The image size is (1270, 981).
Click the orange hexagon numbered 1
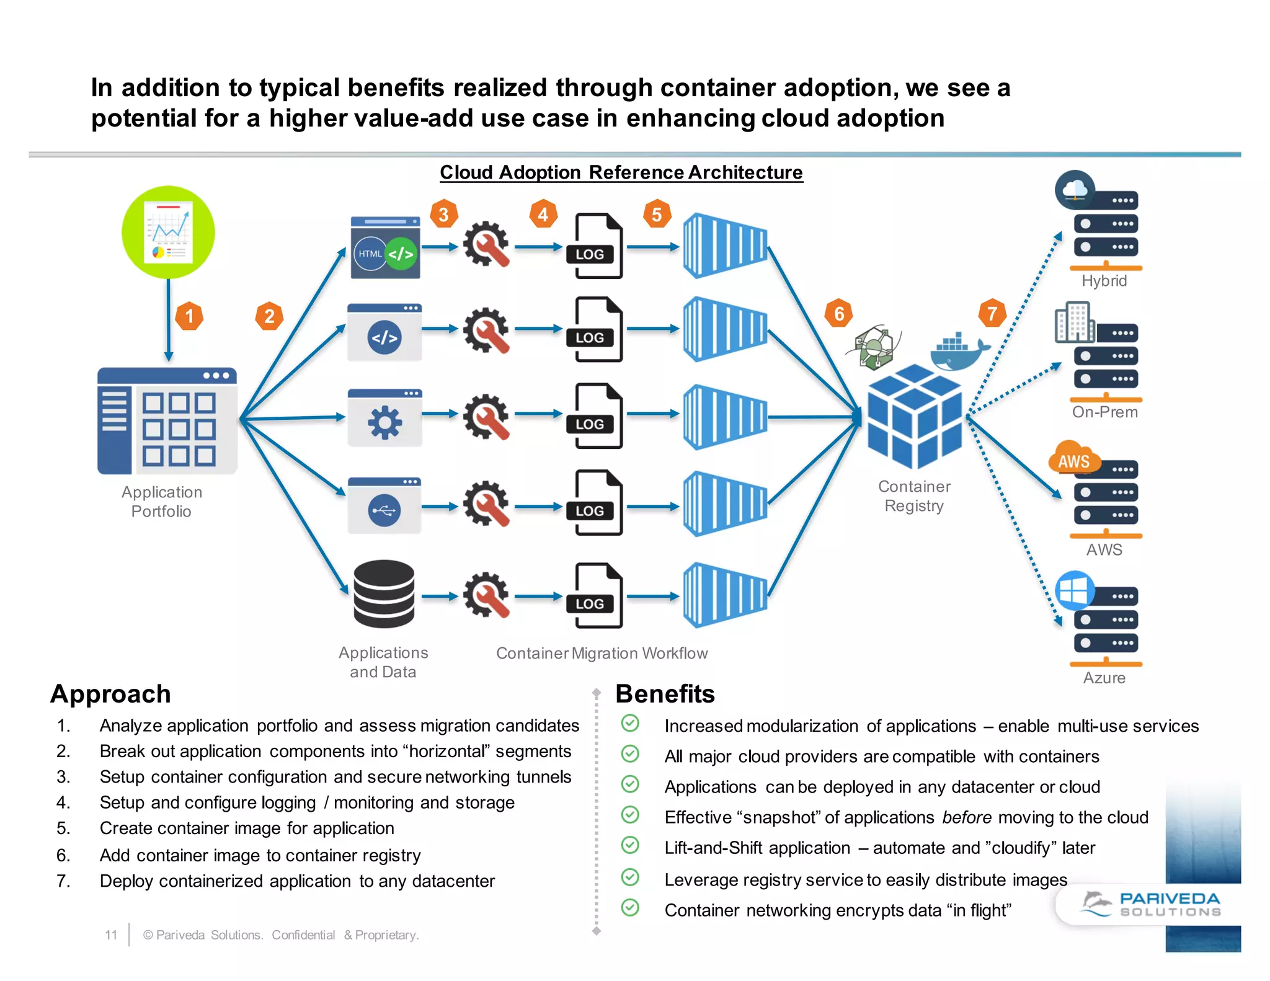click(189, 316)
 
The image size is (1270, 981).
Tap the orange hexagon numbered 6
click(839, 314)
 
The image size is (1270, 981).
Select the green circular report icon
click(168, 233)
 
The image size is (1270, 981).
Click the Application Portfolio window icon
click(167, 421)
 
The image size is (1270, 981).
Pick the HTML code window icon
click(385, 248)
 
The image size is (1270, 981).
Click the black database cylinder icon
click(384, 594)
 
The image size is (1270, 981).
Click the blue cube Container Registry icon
click(914, 417)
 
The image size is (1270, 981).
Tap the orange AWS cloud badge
click(1073, 459)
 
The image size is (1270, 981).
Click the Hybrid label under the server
click(1104, 281)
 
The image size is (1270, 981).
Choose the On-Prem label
click(1104, 412)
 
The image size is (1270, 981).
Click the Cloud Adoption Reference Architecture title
click(621, 172)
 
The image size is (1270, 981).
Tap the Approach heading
click(110, 694)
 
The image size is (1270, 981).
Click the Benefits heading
click(665, 694)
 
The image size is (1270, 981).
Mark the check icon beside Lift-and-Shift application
click(630, 845)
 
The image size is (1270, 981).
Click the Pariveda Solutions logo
click(1151, 904)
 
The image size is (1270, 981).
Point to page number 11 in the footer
click(111, 934)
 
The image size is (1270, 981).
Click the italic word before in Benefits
click(966, 817)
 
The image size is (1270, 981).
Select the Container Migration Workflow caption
click(602, 653)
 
